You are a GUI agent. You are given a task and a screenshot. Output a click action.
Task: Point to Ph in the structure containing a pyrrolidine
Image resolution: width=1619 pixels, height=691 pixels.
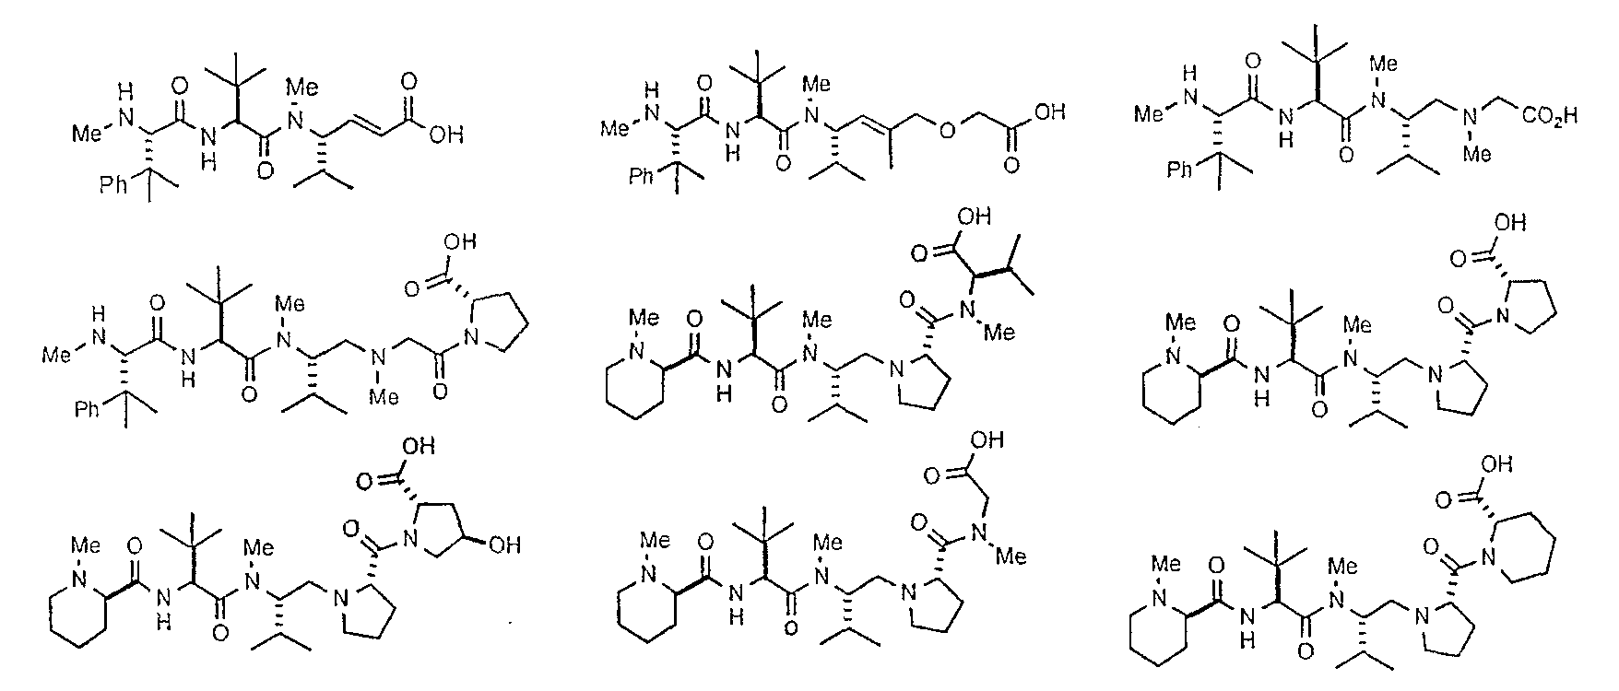click(x=87, y=407)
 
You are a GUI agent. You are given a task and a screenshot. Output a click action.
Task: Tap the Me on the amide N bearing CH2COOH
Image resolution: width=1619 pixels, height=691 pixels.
click(x=1011, y=557)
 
